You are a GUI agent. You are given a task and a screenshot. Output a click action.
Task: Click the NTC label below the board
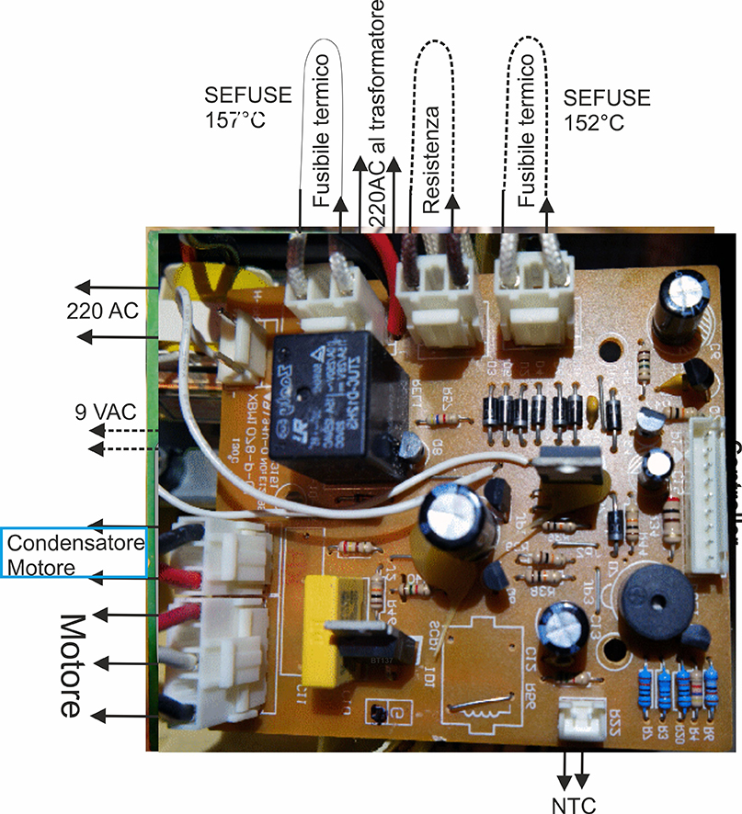(x=576, y=806)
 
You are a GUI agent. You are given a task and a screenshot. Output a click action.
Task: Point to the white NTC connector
(x=576, y=718)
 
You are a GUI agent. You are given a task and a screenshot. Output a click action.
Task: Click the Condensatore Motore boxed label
(x=74, y=553)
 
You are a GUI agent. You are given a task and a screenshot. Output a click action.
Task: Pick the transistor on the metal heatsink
(x=570, y=487)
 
